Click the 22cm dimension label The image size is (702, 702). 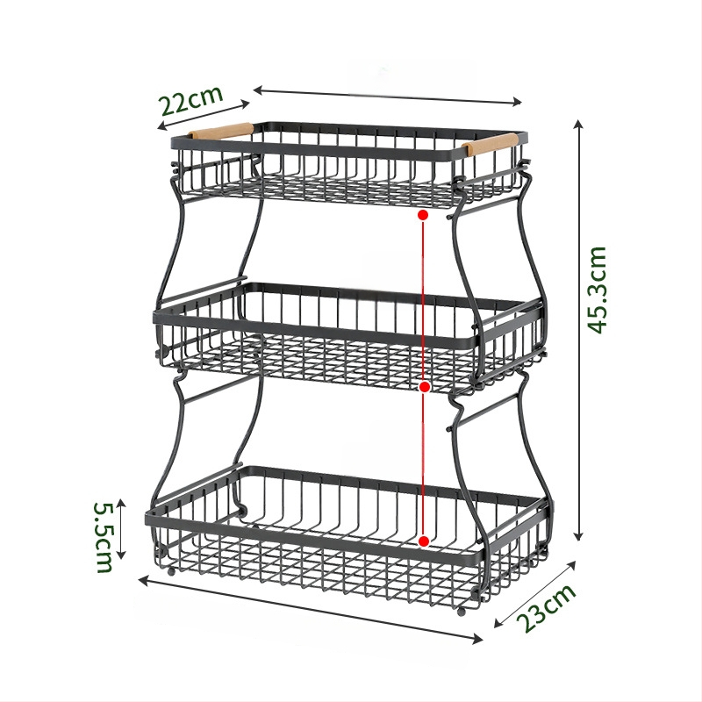tap(191, 99)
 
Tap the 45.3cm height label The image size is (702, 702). tap(598, 290)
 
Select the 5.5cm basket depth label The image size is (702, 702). tap(104, 537)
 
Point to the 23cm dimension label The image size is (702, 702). tap(546, 608)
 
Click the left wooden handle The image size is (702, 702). tap(220, 131)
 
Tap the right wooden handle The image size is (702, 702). tap(490, 143)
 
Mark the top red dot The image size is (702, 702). tap(423, 215)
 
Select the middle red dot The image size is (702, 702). tap(425, 386)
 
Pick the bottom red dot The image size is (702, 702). tap(424, 541)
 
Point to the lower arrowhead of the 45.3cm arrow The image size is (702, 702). tap(579, 536)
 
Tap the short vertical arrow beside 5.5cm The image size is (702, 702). tap(121, 529)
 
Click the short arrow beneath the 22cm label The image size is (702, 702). tap(204, 115)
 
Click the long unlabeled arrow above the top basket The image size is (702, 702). tap(387, 97)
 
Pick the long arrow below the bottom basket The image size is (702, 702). tap(311, 610)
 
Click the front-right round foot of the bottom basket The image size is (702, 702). tap(462, 612)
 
